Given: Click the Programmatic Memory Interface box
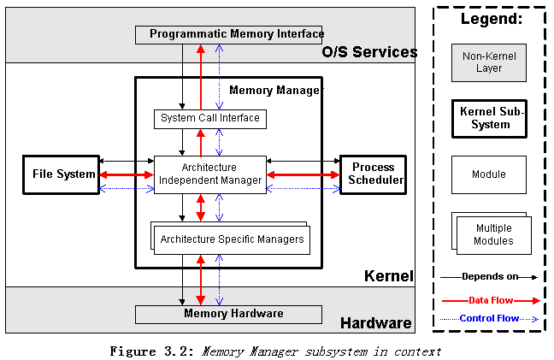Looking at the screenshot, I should [229, 34].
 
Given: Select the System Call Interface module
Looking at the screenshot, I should [209, 118].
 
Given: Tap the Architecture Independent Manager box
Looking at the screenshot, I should [209, 174].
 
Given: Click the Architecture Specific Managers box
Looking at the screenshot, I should [232, 239].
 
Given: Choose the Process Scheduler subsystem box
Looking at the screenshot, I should [373, 174].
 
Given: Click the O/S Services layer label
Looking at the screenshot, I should [369, 52].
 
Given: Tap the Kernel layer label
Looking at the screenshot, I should [389, 276].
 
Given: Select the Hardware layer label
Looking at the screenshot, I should [376, 323].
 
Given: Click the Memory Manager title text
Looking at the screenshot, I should [276, 89].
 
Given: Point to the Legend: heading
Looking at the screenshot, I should [491, 19].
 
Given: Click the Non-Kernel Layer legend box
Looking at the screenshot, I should [489, 62].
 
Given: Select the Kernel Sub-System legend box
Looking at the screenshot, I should [489, 119].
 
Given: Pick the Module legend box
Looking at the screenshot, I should [489, 174].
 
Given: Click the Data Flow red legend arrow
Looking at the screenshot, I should [490, 300].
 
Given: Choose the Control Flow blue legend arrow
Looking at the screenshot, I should [490, 319].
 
